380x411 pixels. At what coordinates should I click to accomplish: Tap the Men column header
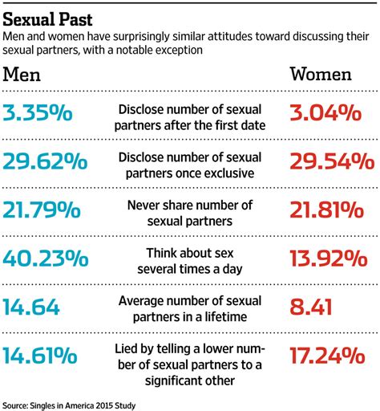27,75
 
